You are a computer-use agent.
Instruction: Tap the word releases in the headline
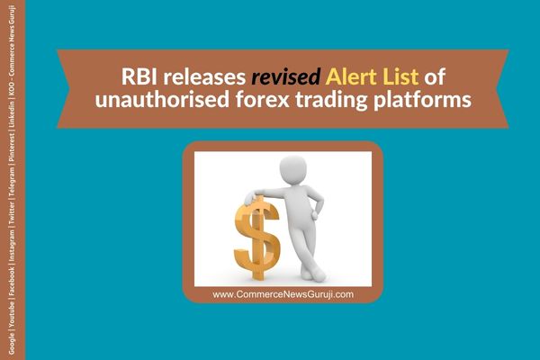click(204, 76)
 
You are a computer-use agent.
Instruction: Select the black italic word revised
click(286, 76)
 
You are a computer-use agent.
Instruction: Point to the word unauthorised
click(162, 100)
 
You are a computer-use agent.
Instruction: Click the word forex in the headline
click(263, 100)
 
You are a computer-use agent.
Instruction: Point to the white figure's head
click(293, 169)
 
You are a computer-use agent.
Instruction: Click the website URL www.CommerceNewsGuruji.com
click(283, 294)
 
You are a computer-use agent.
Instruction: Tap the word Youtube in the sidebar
click(12, 316)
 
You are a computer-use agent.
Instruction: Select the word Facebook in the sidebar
click(12, 280)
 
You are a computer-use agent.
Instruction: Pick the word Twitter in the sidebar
click(12, 212)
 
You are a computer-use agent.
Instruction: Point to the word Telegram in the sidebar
click(12, 183)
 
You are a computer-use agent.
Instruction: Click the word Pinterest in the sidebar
click(12, 148)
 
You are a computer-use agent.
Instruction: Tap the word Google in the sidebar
click(12, 344)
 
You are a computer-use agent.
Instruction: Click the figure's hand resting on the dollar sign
click(249, 199)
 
